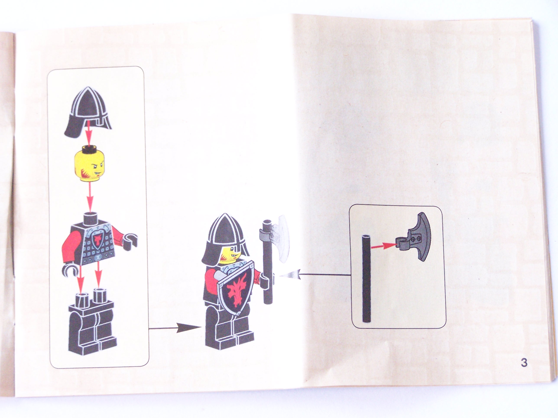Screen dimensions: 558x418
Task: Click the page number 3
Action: tap(524, 363)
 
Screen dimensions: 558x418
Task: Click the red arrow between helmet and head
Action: tap(88, 133)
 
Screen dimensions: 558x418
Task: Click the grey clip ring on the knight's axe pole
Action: tap(266, 237)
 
